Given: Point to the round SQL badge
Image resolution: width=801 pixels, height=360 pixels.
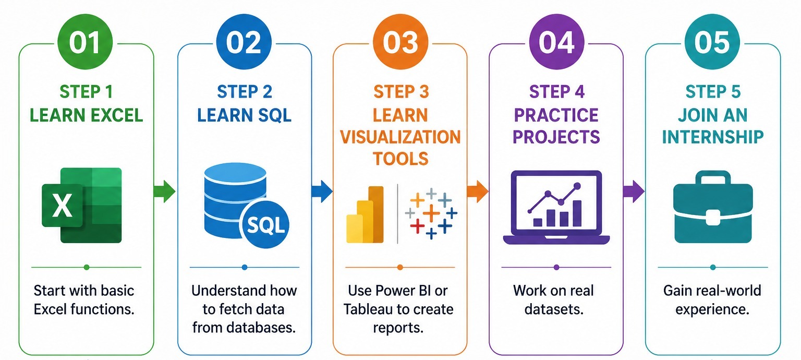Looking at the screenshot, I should pos(265,226).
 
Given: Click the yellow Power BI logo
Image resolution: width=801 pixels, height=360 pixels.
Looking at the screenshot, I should pos(365,215).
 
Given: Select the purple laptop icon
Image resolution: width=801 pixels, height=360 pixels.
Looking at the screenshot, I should pos(556,208).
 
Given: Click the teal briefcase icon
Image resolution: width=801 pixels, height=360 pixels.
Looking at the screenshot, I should pos(712,209).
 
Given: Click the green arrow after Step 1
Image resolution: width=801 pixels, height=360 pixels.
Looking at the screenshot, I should pos(165,191).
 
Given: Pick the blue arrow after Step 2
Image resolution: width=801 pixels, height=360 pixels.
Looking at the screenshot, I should pos(321,191).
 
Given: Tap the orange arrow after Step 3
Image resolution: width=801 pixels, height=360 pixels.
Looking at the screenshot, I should pos(477,191).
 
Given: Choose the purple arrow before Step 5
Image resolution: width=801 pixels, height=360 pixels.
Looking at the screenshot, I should pos(634,191).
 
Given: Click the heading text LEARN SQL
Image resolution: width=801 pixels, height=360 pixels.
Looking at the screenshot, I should pos(245,115).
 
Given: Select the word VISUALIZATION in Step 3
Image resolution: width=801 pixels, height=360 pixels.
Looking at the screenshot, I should pos(400,137).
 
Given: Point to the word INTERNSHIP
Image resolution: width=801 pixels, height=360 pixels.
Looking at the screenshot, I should pos(713,137).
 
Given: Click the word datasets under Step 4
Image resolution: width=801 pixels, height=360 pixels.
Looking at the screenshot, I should pos(553,309).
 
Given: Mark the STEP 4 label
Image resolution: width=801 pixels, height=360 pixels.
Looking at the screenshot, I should pos(556,92).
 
